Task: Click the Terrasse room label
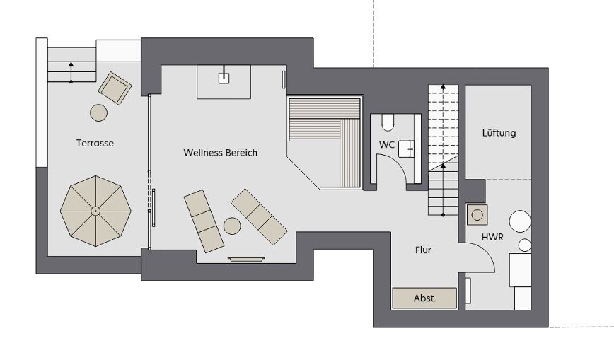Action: point(95,143)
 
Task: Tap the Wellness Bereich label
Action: point(221,152)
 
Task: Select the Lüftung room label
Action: point(499,133)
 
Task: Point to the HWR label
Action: point(492,237)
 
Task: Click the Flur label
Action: point(423,250)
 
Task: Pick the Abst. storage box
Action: point(424,298)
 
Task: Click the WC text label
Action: point(386,145)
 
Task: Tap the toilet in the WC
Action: point(388,122)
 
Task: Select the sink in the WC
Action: point(406,149)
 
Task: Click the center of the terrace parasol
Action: point(95,211)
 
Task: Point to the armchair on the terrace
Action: point(115,88)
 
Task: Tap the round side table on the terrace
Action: point(99,113)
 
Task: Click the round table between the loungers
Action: point(232,226)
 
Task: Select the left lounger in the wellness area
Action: point(204,221)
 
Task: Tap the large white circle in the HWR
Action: point(520,221)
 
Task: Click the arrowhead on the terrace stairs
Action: point(71,64)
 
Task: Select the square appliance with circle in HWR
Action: point(477,215)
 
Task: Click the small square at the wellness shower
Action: point(224,79)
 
